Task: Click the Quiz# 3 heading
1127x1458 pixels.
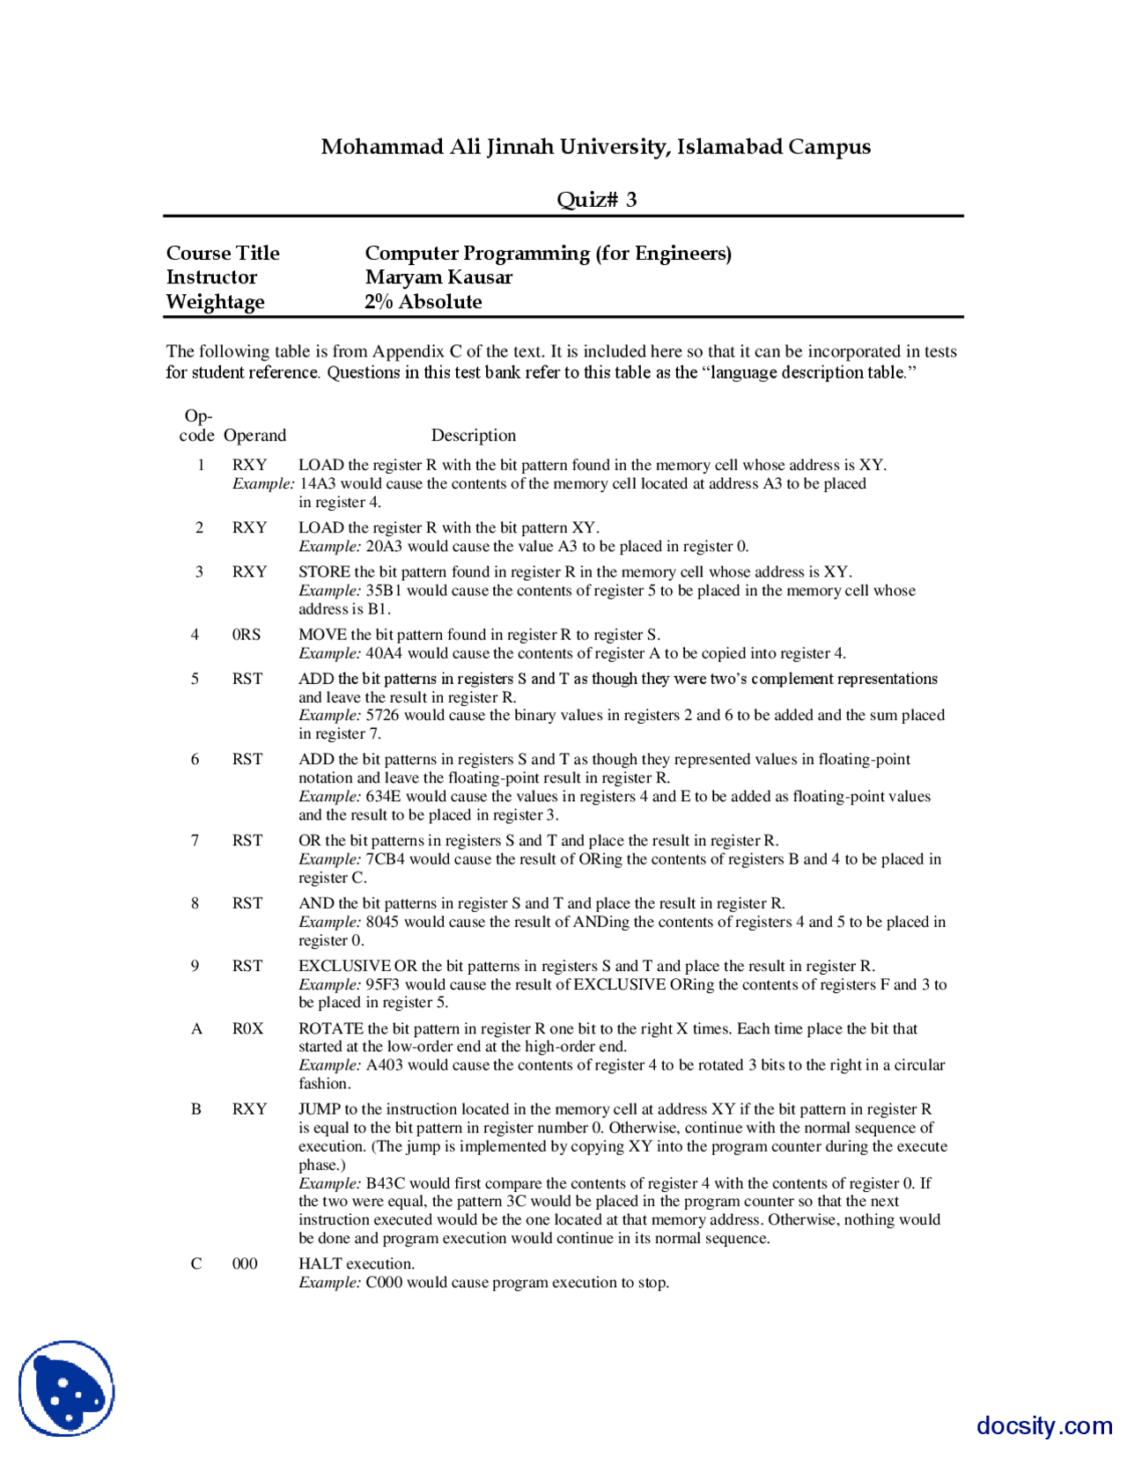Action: pyautogui.click(x=596, y=200)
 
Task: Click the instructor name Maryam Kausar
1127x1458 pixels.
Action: pyautogui.click(x=438, y=277)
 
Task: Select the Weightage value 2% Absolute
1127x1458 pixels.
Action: pyautogui.click(x=424, y=302)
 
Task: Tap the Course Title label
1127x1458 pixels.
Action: pyautogui.click(x=223, y=254)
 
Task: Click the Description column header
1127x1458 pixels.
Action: pyautogui.click(x=474, y=435)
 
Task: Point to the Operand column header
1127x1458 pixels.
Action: pyautogui.click(x=254, y=435)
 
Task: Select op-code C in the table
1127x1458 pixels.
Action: pyautogui.click(x=196, y=1263)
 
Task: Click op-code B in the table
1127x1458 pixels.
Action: pyautogui.click(x=196, y=1108)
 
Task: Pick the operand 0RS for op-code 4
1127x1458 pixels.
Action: pyautogui.click(x=247, y=634)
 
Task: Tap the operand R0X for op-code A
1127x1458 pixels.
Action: pyautogui.click(x=247, y=1028)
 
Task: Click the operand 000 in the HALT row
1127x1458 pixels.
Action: pyautogui.click(x=245, y=1263)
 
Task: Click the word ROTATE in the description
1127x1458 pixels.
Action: pyautogui.click(x=331, y=1028)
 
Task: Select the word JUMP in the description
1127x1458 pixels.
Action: pyautogui.click(x=320, y=1108)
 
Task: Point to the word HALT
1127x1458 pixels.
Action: pyautogui.click(x=320, y=1263)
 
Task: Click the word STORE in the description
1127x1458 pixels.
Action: pyautogui.click(x=324, y=571)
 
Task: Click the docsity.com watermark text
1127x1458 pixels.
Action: pyautogui.click(x=1044, y=1425)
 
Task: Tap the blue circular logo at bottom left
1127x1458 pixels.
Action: pyautogui.click(x=67, y=1388)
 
